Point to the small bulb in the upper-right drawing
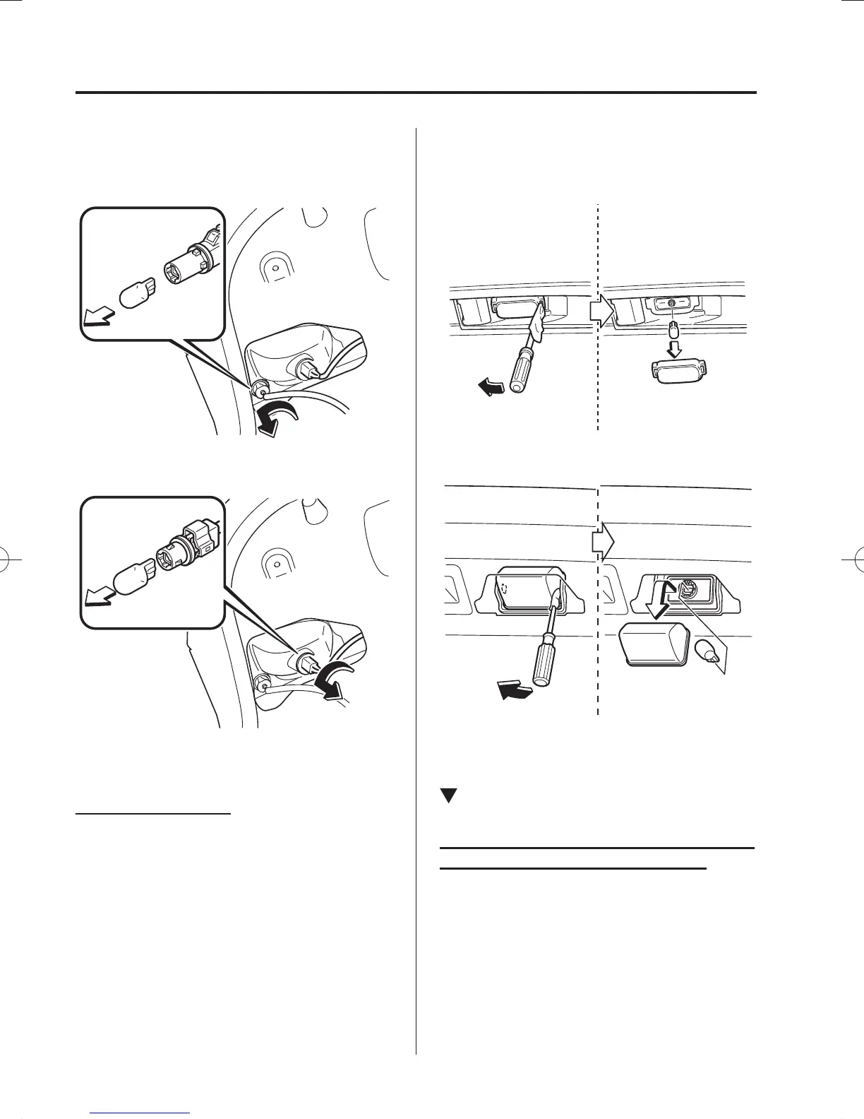coord(673,329)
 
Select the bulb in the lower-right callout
coord(708,651)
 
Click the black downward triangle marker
coord(447,795)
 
